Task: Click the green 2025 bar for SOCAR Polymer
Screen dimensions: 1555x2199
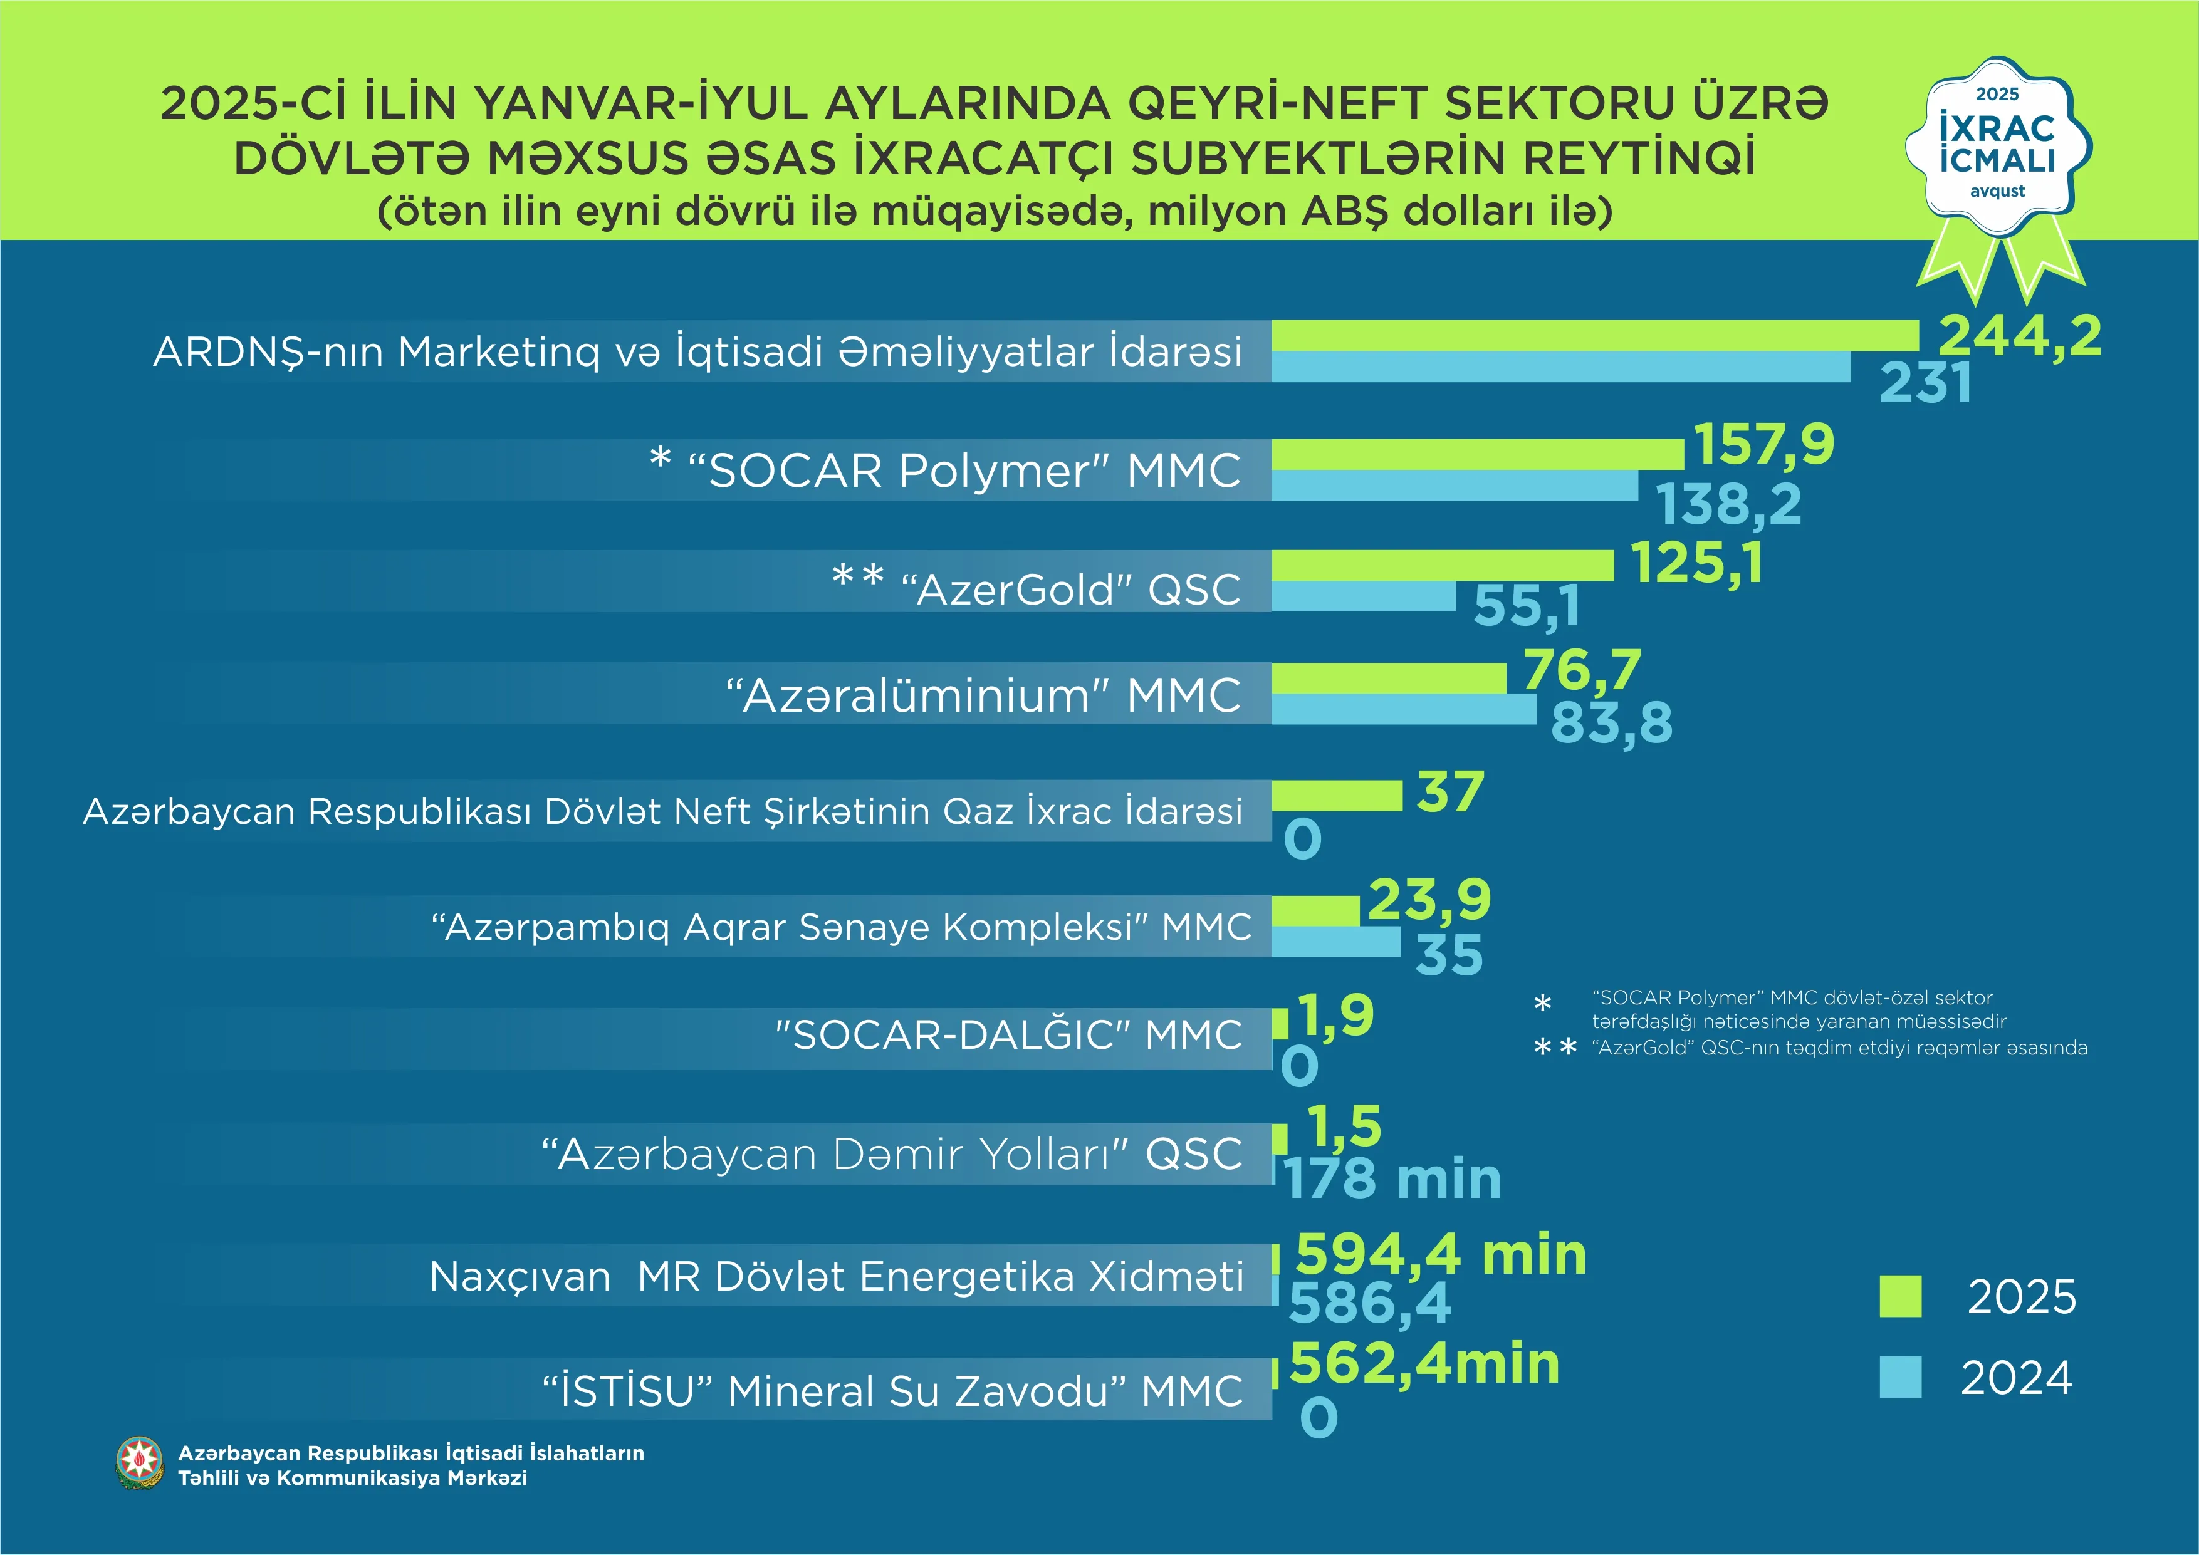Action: click(1477, 454)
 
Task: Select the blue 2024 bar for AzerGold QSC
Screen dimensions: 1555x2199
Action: click(1363, 596)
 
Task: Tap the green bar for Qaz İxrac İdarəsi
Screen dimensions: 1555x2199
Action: click(1336, 795)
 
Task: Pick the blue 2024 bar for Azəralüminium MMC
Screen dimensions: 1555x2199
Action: click(1403, 709)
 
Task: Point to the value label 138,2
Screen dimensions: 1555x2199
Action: click(1729, 504)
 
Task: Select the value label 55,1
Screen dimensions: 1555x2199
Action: click(1526, 605)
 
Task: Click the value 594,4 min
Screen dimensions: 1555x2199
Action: click(1441, 1254)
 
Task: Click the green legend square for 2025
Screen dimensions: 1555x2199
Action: click(1900, 1296)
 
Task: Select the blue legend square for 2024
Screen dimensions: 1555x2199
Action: click(1900, 1377)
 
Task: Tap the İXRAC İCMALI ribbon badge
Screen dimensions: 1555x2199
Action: click(1998, 153)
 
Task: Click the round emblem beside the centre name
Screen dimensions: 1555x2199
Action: click(140, 1463)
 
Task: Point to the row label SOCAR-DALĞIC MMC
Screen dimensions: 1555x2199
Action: click(1008, 1035)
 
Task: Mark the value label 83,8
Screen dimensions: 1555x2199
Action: click(1611, 723)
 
